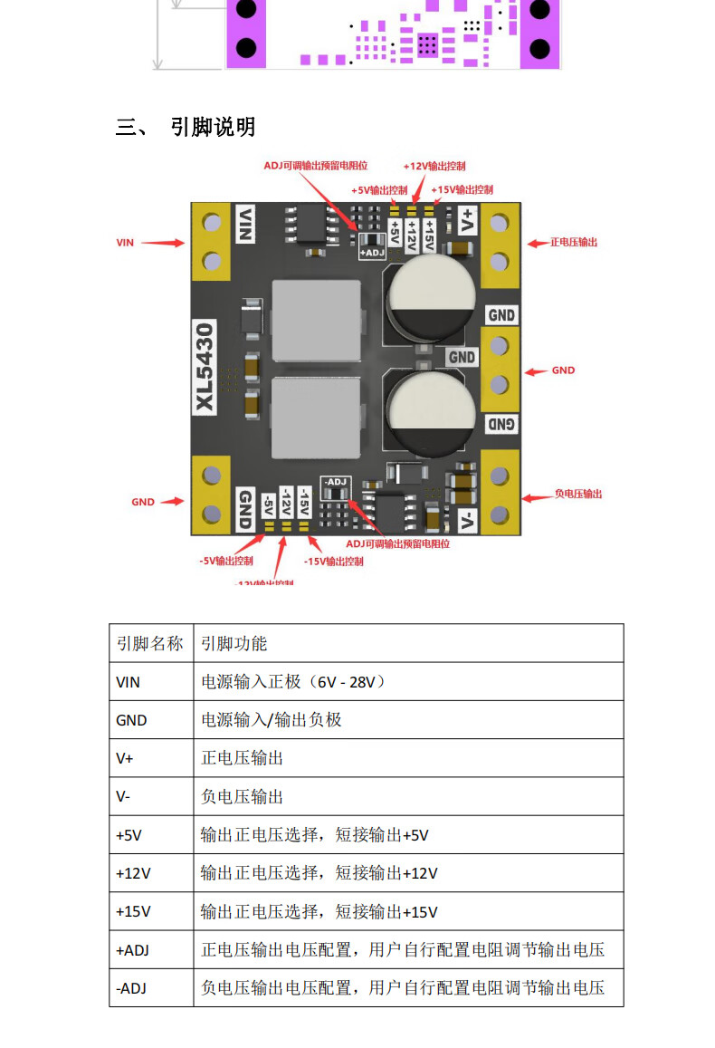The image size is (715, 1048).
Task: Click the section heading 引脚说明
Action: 213,127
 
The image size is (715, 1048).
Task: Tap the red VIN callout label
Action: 125,243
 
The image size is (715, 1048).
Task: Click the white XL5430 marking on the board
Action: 205,368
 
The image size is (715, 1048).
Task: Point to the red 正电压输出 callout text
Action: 574,243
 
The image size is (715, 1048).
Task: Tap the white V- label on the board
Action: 467,520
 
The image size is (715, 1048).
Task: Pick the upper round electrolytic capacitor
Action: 430,299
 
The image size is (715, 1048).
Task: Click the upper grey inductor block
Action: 314,319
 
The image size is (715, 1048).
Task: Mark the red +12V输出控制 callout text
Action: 434,167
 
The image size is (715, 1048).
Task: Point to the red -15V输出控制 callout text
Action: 333,562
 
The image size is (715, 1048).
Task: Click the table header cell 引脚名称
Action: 150,643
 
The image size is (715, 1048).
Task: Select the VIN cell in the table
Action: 129,681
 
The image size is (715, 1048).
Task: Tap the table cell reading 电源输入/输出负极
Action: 271,720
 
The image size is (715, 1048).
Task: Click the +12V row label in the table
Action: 133,873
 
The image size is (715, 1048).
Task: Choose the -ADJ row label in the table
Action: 131,988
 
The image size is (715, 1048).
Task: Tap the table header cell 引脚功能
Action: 234,643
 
